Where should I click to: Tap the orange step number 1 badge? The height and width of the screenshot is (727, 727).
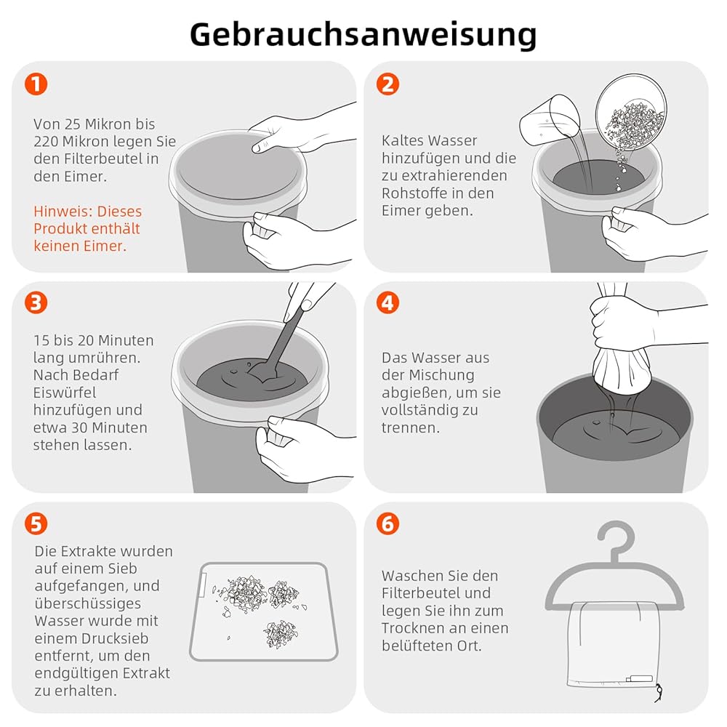[x=36, y=84]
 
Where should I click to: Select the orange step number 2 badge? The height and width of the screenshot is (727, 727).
[x=388, y=84]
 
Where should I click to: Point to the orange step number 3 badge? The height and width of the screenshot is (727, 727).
[x=36, y=302]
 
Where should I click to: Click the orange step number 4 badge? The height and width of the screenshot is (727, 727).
[x=388, y=302]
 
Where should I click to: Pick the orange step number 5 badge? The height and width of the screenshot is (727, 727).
[x=36, y=524]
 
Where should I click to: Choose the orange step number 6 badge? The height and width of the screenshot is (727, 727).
[x=388, y=524]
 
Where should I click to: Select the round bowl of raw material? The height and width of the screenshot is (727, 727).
[x=631, y=111]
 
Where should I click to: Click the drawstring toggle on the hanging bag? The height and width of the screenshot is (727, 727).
[x=658, y=693]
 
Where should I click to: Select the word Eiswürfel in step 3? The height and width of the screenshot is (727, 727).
[x=65, y=393]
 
